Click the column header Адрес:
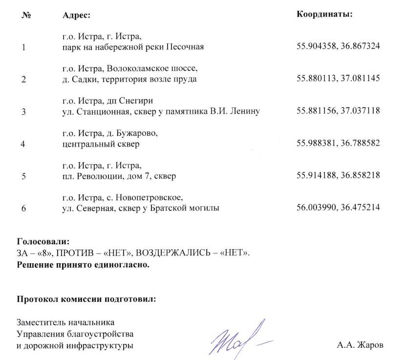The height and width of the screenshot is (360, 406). [77, 15]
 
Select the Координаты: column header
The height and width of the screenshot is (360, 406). [324, 14]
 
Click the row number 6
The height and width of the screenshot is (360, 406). [23, 209]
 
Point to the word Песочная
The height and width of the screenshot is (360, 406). [185, 47]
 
